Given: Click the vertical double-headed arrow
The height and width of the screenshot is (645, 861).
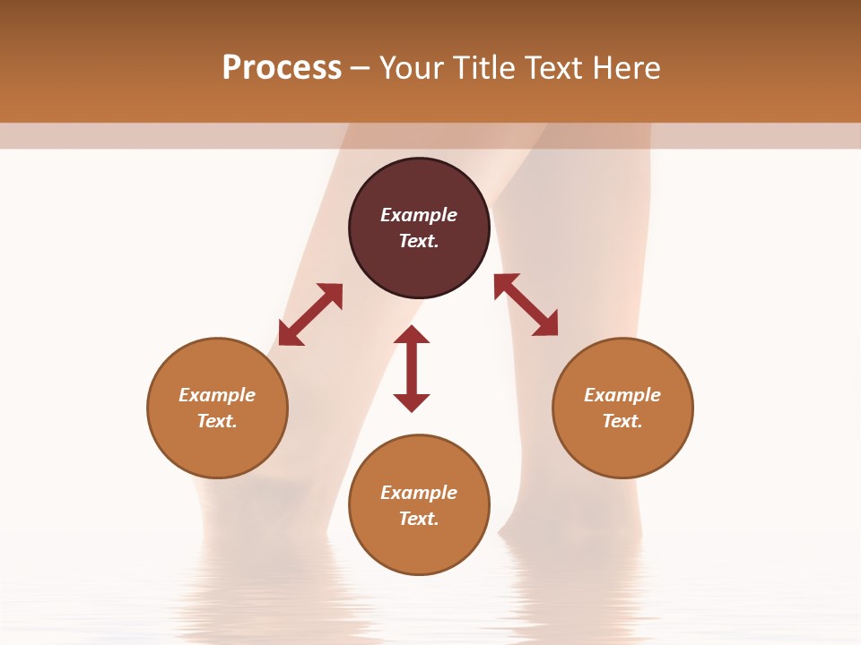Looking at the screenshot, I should coord(412,368).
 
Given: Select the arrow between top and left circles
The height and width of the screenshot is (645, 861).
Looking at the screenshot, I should coord(310,314).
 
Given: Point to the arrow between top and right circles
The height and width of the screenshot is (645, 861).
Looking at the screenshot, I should coord(526,305).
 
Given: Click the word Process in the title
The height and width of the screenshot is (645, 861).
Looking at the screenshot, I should coord(282,68).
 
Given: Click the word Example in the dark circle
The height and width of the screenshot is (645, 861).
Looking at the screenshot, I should coord(419,215).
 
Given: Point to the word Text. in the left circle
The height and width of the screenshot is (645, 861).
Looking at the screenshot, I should coord(217,421).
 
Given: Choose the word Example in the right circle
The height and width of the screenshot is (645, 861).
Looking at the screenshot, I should coord(622,395).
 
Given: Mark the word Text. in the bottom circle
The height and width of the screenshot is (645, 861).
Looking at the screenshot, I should coord(419,519).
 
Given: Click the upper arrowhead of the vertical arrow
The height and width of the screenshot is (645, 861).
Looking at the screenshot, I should coord(412,334).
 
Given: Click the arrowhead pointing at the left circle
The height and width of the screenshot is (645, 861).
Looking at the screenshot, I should coord(290,334).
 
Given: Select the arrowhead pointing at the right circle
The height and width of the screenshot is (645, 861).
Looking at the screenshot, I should coord(546,325).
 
